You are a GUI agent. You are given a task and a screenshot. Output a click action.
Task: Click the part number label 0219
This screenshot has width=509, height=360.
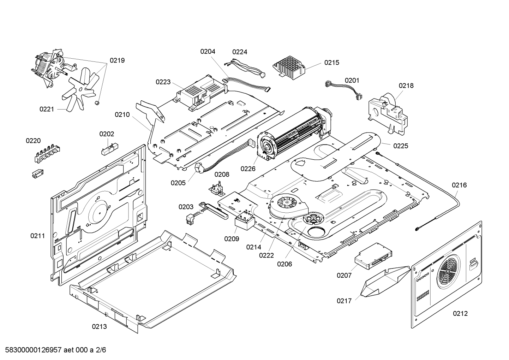pos(117,60)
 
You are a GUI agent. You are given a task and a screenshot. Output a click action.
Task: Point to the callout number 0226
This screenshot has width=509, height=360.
pos(248,169)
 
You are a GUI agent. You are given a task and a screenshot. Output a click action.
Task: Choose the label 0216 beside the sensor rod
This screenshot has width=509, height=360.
pos(459,185)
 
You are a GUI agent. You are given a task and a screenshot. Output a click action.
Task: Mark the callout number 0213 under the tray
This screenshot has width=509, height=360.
pos(99,327)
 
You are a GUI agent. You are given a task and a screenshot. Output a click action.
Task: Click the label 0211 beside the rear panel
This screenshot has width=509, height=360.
pos(37,236)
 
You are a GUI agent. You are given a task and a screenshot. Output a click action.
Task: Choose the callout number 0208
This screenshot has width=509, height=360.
pos(222,174)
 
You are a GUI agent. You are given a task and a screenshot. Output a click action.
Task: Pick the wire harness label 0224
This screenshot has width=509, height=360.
pos(240,52)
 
